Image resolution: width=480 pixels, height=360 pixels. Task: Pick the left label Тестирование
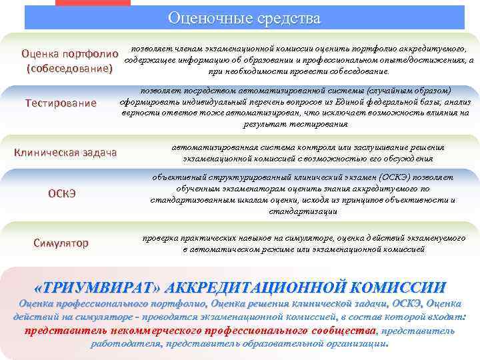pos(61,103)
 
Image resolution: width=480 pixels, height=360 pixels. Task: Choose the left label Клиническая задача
pos(65,153)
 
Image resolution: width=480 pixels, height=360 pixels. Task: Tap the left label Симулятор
pos(61,243)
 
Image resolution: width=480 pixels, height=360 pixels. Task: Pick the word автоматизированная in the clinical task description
pos(213,147)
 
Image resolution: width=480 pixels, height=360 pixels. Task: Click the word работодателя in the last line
pos(124,344)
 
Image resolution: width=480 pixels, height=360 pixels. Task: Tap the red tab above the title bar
pos(93,3)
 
